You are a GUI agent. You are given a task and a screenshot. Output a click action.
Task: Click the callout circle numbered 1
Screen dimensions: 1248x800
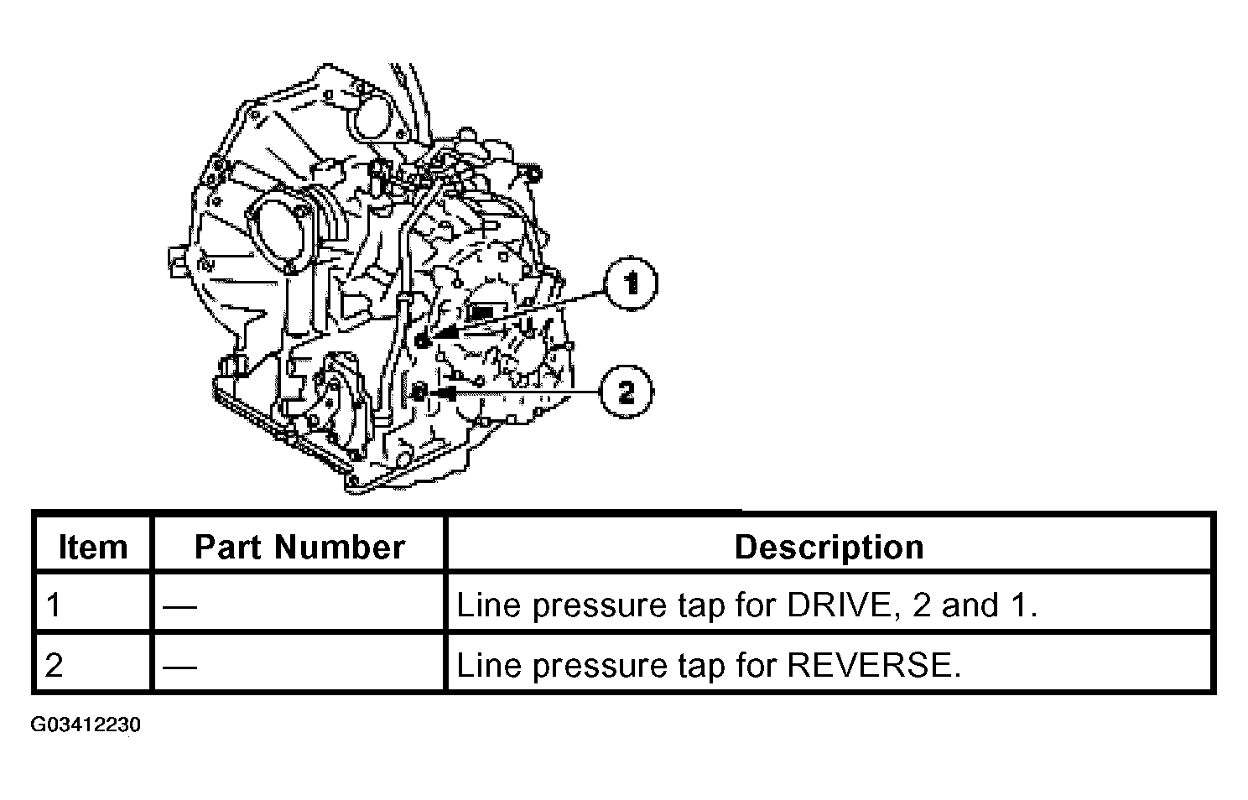[631, 283]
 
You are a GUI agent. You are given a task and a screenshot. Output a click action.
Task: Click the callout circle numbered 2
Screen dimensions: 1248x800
[627, 392]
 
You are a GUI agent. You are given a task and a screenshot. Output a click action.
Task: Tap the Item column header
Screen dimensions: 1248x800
[93, 547]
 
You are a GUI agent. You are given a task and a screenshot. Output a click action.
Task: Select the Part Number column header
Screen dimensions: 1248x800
[299, 547]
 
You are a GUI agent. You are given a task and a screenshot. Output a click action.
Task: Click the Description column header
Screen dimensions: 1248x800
[829, 547]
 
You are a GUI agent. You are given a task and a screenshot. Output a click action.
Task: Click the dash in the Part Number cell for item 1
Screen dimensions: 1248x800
[179, 606]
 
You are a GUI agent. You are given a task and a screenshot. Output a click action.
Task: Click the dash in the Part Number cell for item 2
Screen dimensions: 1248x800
[179, 666]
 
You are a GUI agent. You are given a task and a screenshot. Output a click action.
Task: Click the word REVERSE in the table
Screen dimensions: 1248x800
[874, 665]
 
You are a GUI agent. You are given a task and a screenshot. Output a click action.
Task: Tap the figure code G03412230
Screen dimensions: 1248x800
[86, 725]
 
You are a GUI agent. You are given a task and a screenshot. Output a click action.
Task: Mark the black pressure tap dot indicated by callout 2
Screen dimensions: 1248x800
[419, 392]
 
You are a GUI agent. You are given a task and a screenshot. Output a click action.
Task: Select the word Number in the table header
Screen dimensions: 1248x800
[340, 547]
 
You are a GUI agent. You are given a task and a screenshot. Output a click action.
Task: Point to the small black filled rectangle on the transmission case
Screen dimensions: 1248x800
[482, 313]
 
